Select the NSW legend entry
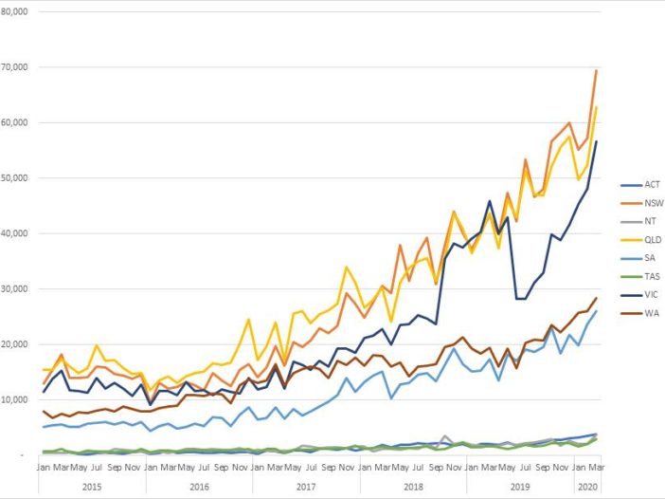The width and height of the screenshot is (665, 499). (x=641, y=203)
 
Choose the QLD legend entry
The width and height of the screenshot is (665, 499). (x=641, y=239)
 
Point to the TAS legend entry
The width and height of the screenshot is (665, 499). (x=641, y=274)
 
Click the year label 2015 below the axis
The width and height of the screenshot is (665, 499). (x=92, y=485)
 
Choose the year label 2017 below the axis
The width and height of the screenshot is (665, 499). (x=306, y=485)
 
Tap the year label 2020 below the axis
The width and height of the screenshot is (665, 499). (x=586, y=485)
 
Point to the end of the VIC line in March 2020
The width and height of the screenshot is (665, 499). (x=596, y=141)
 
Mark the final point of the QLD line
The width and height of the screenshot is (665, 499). (x=596, y=107)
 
